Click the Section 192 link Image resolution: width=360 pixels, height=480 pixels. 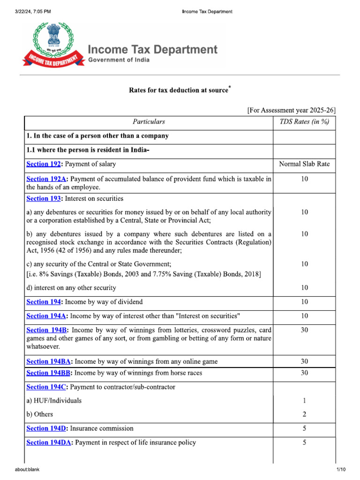click(x=43, y=164)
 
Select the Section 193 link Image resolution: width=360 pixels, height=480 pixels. click(x=43, y=198)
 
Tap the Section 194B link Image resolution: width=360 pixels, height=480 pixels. click(x=47, y=330)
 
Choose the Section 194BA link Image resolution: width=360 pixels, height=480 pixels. click(x=49, y=361)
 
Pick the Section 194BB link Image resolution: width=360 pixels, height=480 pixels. click(x=49, y=373)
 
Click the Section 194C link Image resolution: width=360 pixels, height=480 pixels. click(x=47, y=387)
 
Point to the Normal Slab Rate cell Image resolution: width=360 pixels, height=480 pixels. click(x=304, y=164)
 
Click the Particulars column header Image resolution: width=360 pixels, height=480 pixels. click(x=149, y=122)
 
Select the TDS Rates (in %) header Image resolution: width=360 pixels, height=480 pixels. click(x=304, y=122)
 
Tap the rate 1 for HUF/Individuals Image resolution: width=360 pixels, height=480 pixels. click(x=304, y=401)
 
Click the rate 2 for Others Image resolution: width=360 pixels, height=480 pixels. click(x=304, y=414)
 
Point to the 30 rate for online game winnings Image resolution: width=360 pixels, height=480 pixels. click(x=304, y=361)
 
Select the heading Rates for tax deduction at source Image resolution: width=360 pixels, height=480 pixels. click(x=180, y=90)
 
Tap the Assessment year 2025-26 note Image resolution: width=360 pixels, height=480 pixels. click(x=291, y=110)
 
